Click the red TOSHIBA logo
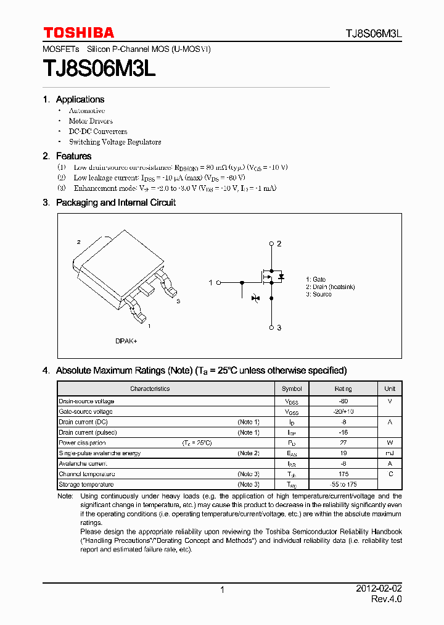tap(78, 33)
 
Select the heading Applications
tap(80, 99)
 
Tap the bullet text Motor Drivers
tap(91, 121)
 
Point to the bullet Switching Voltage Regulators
tap(115, 142)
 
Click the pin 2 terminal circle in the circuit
tap(271, 243)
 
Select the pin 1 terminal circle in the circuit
tap(218, 282)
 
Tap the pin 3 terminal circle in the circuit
tap(271, 327)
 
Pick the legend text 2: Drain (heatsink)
tap(330, 287)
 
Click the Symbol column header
tap(292, 389)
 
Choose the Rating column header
tap(343, 389)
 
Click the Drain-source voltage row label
tap(86, 401)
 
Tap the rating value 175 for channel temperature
tap(343, 474)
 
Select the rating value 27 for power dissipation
tap(343, 443)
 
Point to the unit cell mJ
tap(390, 453)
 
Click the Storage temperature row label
tap(86, 485)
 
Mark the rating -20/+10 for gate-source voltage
tap(343, 412)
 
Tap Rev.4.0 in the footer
tap(386, 600)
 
